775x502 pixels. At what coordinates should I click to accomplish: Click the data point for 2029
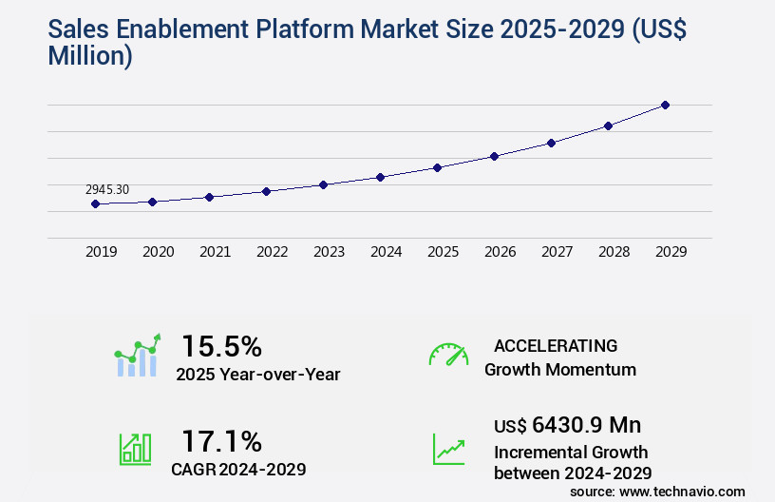pos(665,105)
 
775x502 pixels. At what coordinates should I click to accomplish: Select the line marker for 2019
pos(95,203)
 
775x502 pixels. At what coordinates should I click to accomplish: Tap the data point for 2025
pos(437,167)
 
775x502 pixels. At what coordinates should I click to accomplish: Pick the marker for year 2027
pos(551,143)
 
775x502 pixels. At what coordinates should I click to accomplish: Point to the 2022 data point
pos(266,191)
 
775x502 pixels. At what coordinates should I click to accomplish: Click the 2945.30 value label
pos(107,189)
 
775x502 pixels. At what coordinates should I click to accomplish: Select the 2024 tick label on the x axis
pos(387,252)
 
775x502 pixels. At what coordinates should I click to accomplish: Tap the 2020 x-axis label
pos(159,252)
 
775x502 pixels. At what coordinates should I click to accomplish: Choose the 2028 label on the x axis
pos(614,252)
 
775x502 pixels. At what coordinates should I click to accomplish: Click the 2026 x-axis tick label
pos(501,252)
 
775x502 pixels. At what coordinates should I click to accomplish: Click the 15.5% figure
pos(221,345)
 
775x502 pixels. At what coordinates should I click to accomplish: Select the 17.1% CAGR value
pos(221,440)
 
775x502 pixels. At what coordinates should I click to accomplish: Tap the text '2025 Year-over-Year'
pos(257,375)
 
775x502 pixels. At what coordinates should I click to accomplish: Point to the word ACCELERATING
pos(556,345)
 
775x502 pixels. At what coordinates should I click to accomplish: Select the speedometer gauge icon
pos(448,354)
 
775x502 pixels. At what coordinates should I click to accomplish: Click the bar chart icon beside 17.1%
pos(135,449)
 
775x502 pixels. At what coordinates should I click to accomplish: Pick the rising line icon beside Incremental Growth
pos(448,449)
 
